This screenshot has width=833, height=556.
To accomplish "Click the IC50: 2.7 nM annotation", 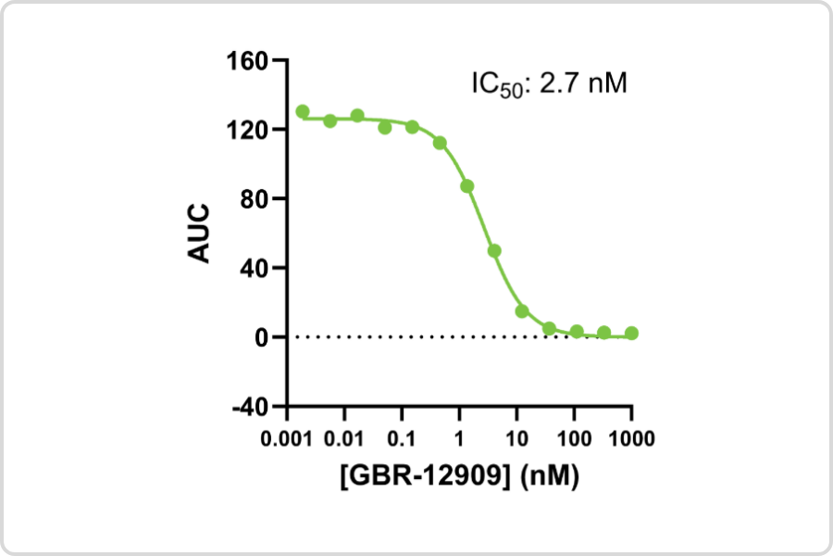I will (x=549, y=84).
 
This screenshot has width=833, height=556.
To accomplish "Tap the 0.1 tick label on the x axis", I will (x=402, y=436).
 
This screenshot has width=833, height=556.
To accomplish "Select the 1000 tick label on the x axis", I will (x=631, y=436).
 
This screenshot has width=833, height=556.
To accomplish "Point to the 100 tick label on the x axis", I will (x=574, y=436).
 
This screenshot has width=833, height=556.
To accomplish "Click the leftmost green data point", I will (x=303, y=112).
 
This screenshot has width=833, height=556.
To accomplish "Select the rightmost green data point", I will (x=631, y=333).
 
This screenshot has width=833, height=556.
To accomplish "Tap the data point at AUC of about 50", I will (x=494, y=250).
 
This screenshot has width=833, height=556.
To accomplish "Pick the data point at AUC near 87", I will (x=467, y=186).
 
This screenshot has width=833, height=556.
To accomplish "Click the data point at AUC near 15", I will (x=522, y=311).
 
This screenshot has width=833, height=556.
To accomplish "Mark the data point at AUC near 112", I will (x=440, y=143).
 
